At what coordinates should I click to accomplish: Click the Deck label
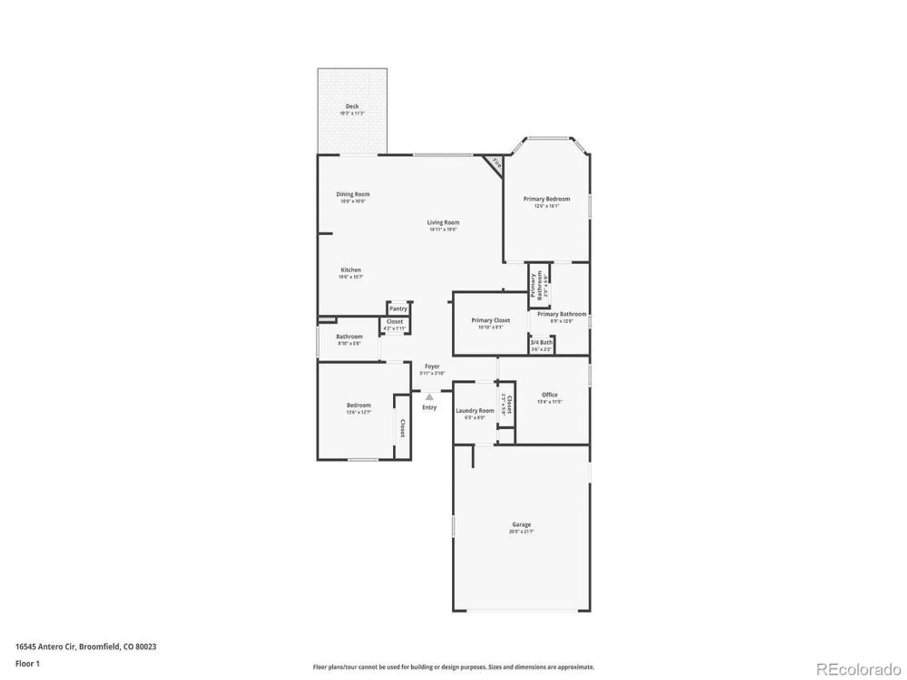(x=352, y=106)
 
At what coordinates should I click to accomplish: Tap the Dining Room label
(x=353, y=194)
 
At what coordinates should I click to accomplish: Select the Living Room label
(x=443, y=222)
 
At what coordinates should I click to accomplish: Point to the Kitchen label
(x=351, y=270)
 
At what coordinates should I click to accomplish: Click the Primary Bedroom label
(x=546, y=199)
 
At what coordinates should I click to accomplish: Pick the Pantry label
(x=398, y=309)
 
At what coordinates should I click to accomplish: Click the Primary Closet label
(x=491, y=320)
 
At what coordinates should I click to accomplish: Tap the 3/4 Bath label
(x=541, y=342)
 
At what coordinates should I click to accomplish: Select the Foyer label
(x=432, y=366)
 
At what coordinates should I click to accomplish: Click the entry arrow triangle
(x=429, y=397)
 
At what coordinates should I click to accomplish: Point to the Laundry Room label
(x=475, y=410)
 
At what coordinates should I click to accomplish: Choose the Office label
(x=550, y=394)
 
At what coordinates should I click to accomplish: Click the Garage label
(x=522, y=524)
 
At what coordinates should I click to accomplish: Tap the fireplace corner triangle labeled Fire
(x=496, y=164)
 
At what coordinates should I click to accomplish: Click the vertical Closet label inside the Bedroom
(x=402, y=428)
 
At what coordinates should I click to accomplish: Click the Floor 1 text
(x=28, y=664)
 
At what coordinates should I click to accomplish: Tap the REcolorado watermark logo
(x=858, y=669)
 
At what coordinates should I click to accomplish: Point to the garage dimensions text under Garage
(x=522, y=531)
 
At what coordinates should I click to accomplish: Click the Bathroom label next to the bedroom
(x=349, y=336)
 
